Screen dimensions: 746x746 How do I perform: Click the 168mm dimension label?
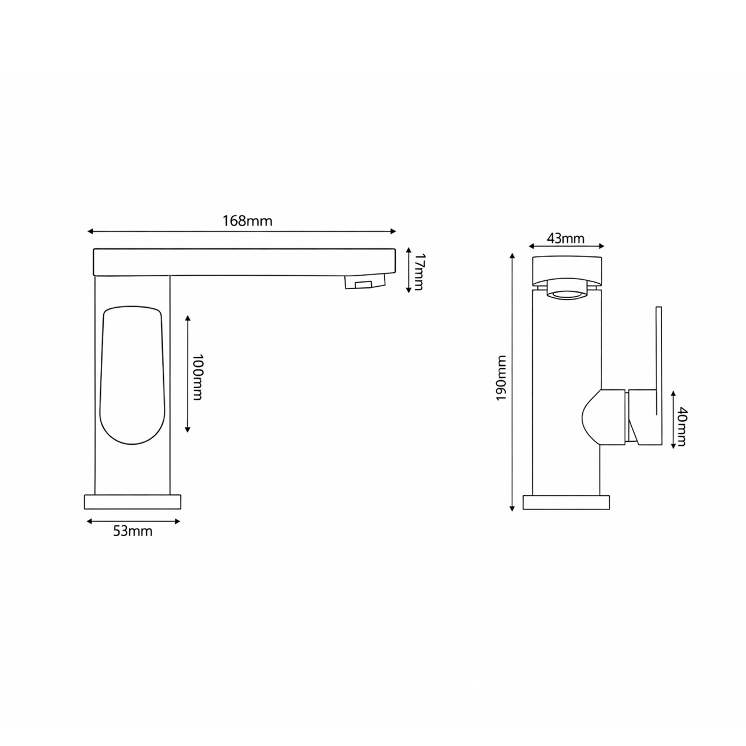(247, 221)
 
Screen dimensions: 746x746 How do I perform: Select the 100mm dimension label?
(198, 377)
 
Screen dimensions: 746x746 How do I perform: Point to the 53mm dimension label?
(133, 531)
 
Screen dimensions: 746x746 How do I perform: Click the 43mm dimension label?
(565, 238)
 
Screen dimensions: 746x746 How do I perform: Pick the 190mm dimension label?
(501, 378)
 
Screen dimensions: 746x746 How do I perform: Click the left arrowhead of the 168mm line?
(90, 231)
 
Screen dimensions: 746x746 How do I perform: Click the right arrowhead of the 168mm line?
(393, 231)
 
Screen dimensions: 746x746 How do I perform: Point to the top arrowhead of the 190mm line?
(512, 256)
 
